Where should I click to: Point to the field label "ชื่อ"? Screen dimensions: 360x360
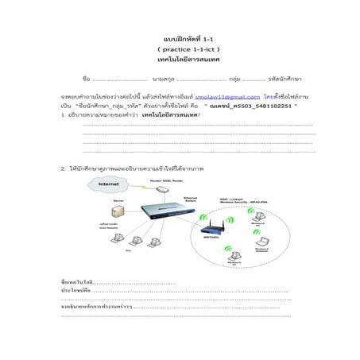86,79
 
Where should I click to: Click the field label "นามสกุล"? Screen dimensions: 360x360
164,79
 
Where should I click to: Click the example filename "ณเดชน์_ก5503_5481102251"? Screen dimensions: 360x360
252,105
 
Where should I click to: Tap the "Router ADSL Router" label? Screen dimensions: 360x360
161,181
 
